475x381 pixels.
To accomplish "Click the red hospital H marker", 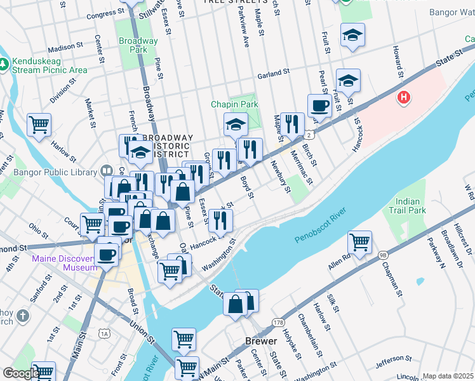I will (403, 98).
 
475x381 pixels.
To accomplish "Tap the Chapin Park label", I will (234, 104).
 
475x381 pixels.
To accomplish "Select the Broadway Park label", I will (138, 45).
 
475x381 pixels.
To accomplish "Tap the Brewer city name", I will (261, 341).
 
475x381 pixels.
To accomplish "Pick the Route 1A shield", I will (104, 333).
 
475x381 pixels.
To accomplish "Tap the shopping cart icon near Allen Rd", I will (360, 243).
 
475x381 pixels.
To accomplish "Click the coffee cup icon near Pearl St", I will (319, 105).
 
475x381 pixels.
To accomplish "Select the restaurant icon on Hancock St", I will (220, 220).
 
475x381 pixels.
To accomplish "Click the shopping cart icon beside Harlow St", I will (39, 124).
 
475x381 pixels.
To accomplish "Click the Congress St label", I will (105, 13).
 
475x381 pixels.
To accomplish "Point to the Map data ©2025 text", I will (448, 376).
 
